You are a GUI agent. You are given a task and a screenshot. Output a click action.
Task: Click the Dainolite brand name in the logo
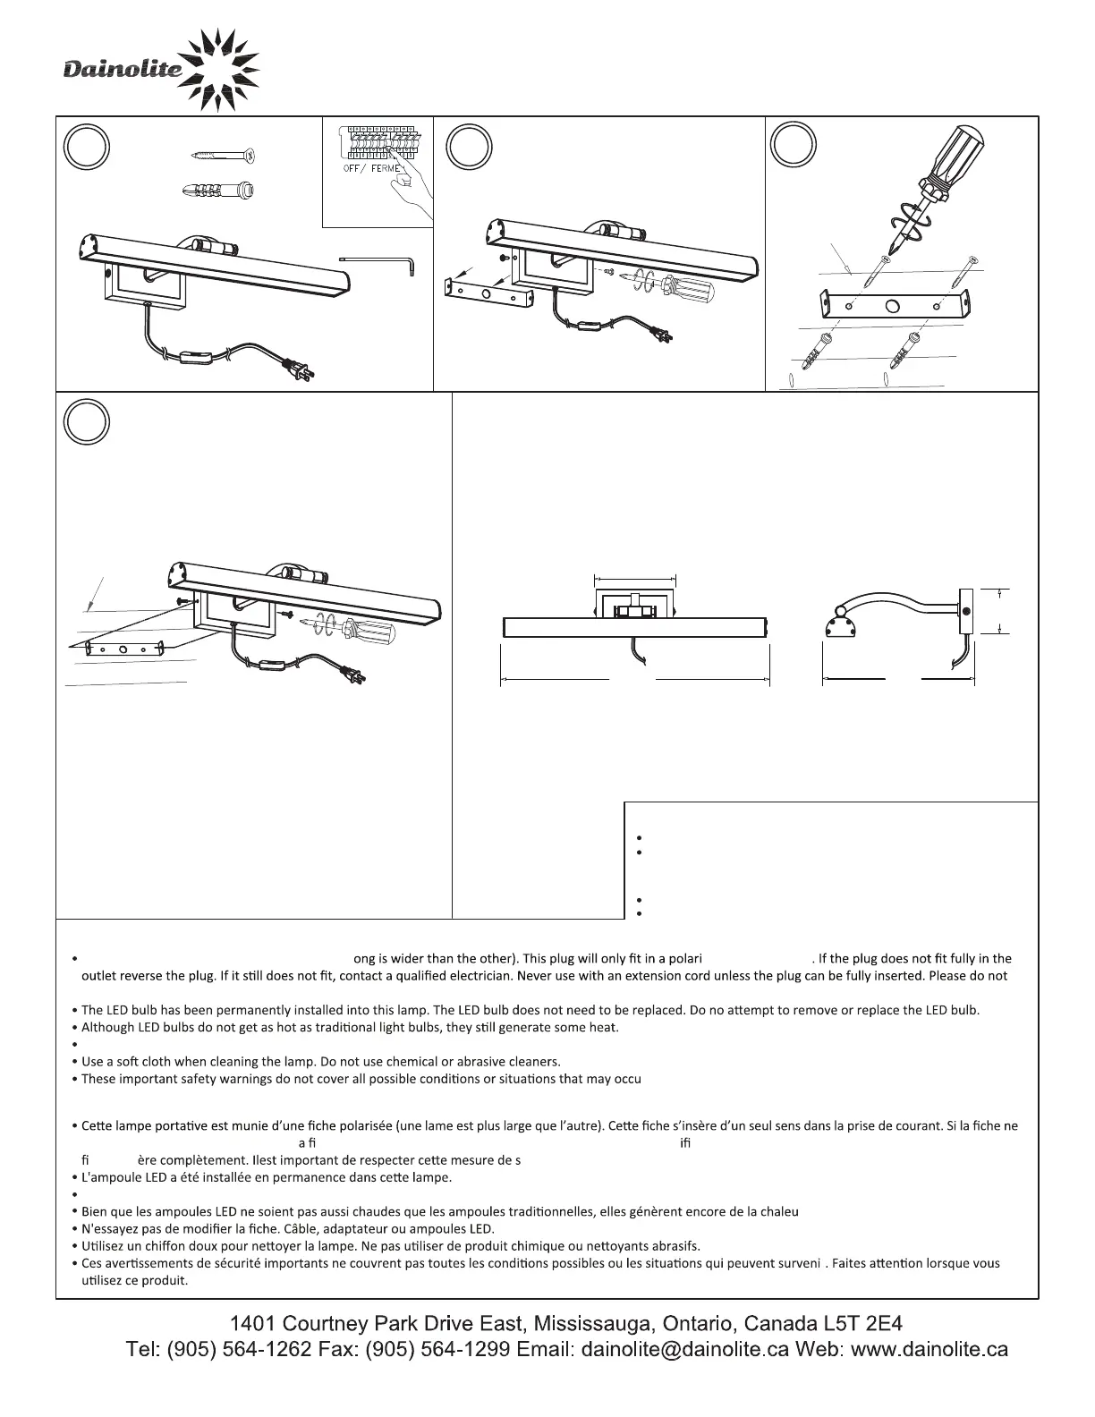click(123, 69)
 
